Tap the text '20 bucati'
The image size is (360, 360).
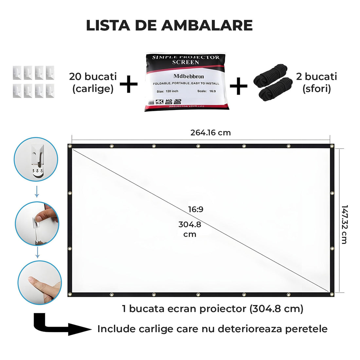pos(93,77)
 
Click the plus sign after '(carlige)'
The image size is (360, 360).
pos(129,84)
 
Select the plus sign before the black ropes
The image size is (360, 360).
pos(239,86)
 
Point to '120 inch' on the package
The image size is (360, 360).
pos(172,91)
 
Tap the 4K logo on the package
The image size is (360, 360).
pos(159,102)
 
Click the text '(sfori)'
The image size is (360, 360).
pos(316,89)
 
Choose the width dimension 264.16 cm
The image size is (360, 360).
pos(210,133)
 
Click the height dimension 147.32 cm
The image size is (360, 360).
pos(344,225)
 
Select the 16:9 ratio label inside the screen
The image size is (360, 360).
pos(195,209)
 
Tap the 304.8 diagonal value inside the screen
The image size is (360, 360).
pos(190,225)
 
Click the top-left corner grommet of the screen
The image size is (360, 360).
pos(70,146)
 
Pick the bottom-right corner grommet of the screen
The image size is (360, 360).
pos(332,294)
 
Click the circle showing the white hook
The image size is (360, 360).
pos(36,159)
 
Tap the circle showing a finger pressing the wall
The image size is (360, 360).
pos(40,282)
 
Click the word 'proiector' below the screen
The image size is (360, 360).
pos(219,309)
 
